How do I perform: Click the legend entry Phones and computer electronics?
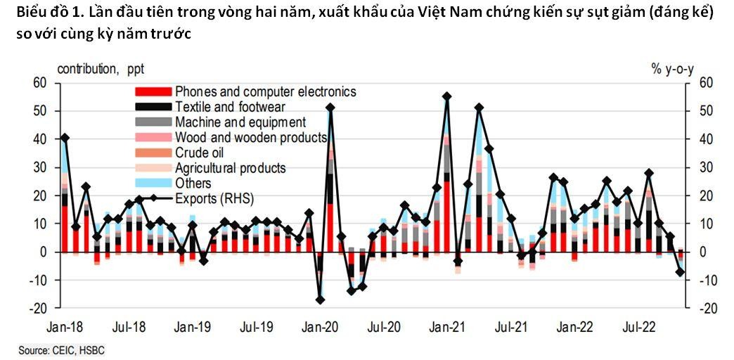coord(265,91)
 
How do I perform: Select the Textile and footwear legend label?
coord(229,107)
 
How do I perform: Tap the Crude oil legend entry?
coord(200,153)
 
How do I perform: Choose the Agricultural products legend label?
coord(230,168)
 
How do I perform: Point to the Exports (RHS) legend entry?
coord(214,198)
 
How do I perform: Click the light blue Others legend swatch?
coord(153,184)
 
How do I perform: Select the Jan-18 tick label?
coord(64,327)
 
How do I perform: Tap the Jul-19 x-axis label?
coord(257,327)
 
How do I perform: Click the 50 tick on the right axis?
coord(704,111)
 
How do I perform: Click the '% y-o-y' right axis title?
coord(673,69)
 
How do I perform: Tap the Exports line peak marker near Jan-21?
coord(446,96)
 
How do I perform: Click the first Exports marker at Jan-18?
coord(65,138)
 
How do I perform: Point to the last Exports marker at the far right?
coord(681,272)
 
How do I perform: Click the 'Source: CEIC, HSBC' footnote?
coord(60,349)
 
